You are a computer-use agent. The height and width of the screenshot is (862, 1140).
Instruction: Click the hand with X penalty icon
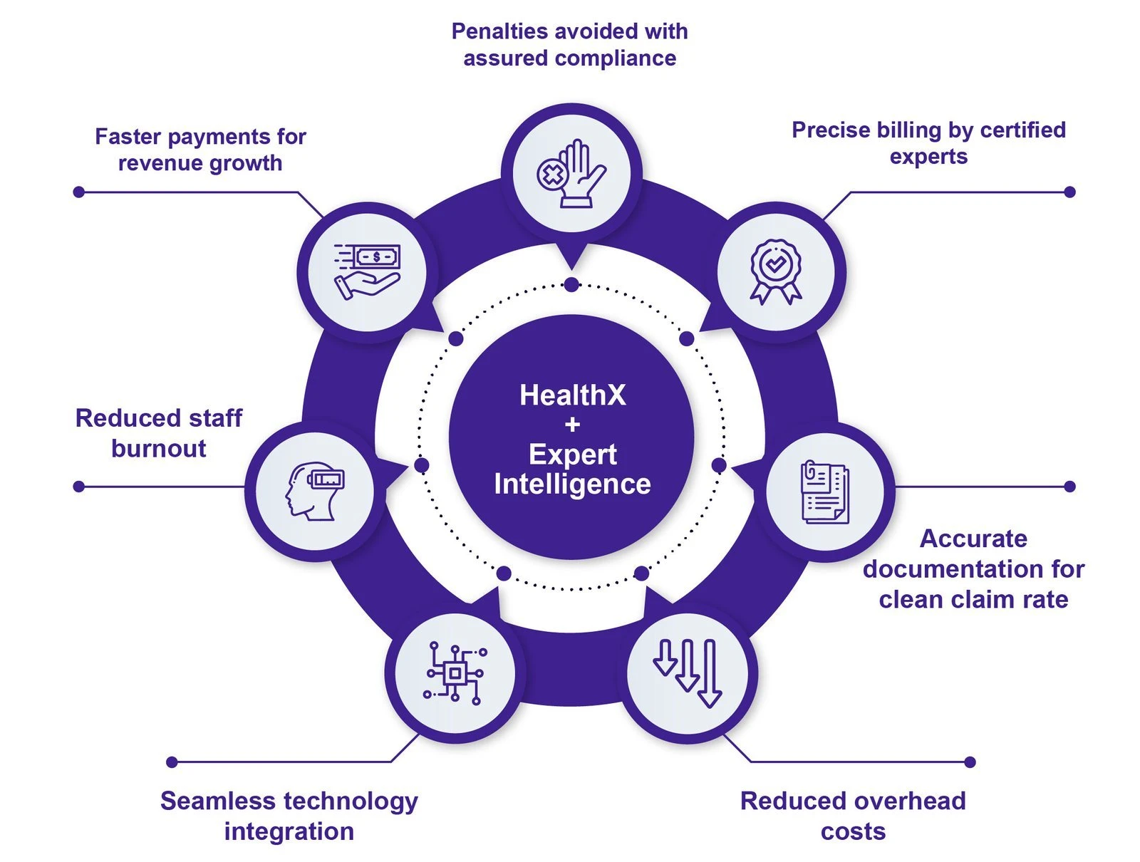(571, 175)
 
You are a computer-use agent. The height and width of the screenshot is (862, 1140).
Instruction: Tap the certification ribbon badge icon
(776, 271)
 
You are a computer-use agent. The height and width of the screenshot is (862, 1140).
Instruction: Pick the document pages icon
(824, 492)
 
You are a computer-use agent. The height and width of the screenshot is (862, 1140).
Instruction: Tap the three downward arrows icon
(688, 673)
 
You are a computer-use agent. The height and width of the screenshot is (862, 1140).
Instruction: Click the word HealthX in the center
(572, 395)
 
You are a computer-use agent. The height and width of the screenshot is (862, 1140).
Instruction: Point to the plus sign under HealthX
(572, 425)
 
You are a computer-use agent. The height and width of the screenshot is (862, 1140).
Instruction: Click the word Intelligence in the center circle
(572, 484)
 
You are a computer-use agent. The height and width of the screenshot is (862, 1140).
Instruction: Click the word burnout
(159, 449)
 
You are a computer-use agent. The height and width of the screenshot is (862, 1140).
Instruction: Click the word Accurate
(973, 539)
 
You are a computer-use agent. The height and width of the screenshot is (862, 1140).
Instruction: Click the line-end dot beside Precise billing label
(1069, 192)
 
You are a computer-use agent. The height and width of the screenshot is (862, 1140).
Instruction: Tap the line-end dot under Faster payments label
(79, 192)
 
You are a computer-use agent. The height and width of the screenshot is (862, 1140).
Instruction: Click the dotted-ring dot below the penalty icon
(571, 285)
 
